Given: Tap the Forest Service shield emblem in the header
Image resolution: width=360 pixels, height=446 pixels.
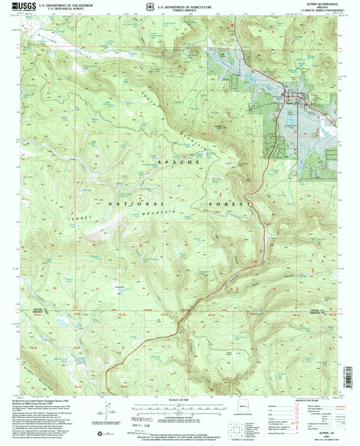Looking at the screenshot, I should [150, 7].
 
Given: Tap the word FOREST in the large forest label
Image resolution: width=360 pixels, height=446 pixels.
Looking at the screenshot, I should [230, 204].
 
